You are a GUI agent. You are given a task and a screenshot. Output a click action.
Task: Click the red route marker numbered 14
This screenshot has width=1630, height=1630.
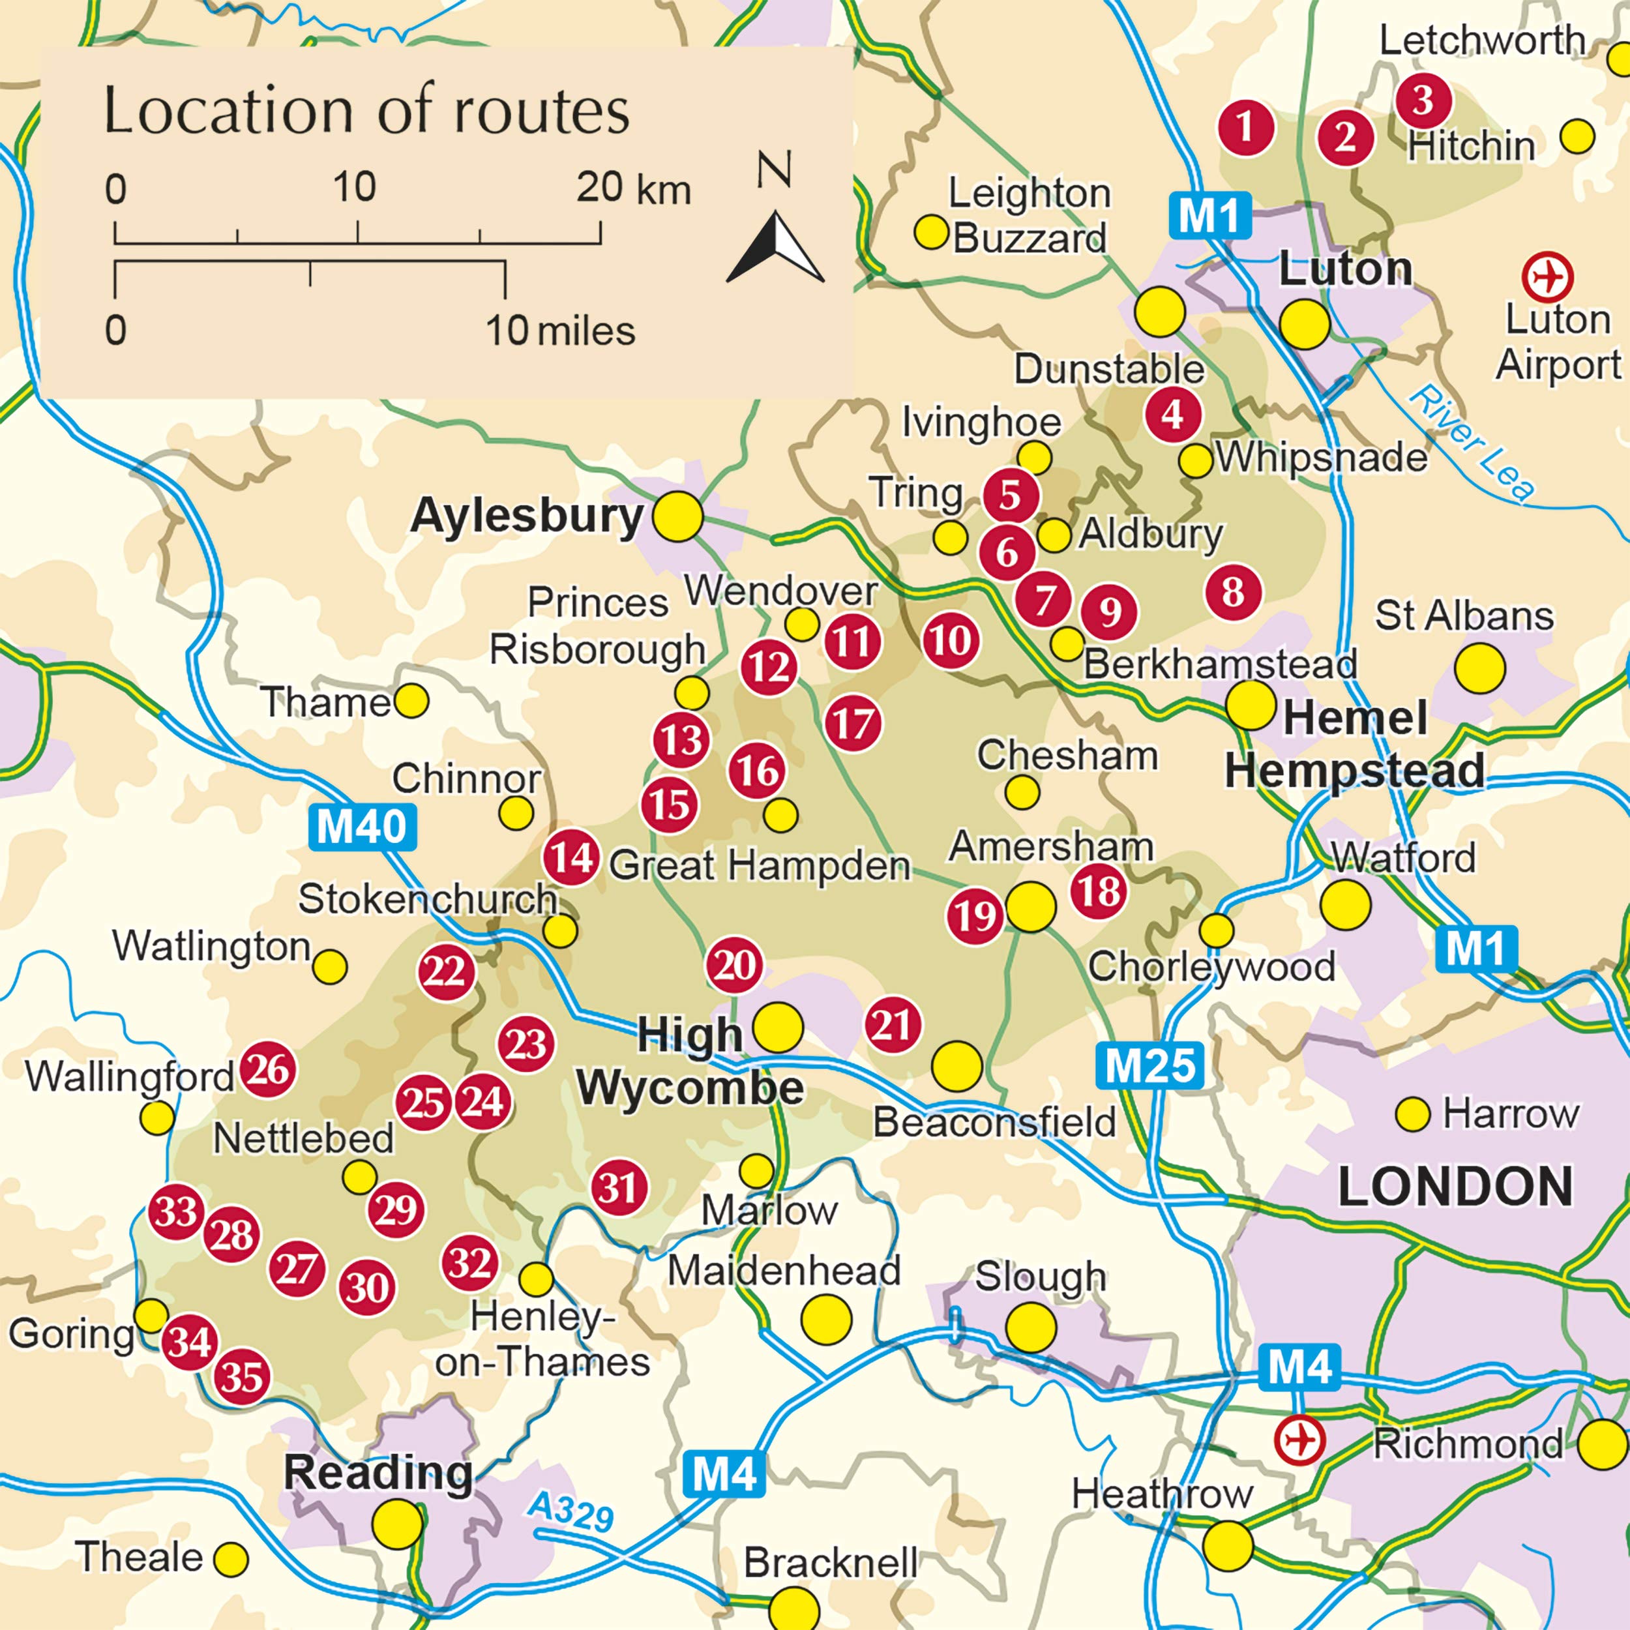(x=571, y=858)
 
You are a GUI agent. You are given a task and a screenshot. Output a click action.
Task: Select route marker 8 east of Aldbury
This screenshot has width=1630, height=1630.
(x=1233, y=592)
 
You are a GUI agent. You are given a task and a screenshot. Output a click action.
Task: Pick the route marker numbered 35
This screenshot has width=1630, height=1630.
(x=242, y=1378)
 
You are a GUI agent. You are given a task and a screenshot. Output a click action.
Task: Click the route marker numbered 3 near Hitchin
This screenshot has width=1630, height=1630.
(x=1423, y=100)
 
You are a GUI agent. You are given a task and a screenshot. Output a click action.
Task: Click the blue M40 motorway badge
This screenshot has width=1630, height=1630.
(x=362, y=827)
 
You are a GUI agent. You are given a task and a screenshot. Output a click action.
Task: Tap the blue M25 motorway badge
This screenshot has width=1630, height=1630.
(x=1149, y=1065)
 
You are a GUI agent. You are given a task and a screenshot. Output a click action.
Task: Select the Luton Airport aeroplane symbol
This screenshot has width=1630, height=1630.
(x=1547, y=276)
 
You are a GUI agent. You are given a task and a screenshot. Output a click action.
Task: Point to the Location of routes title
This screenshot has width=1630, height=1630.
(x=366, y=111)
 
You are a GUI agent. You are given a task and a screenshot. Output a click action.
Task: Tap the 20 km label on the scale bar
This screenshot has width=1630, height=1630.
(x=632, y=188)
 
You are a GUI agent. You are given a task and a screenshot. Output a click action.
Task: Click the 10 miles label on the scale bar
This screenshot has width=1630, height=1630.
(x=560, y=331)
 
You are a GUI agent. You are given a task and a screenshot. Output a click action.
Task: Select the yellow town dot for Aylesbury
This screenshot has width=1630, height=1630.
(x=677, y=516)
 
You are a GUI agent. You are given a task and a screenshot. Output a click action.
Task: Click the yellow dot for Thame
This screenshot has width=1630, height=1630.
(x=411, y=700)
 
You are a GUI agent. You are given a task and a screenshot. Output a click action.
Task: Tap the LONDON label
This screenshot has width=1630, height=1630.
(x=1455, y=1186)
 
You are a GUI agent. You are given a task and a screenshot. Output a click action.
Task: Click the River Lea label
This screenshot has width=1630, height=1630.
(x=1472, y=443)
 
